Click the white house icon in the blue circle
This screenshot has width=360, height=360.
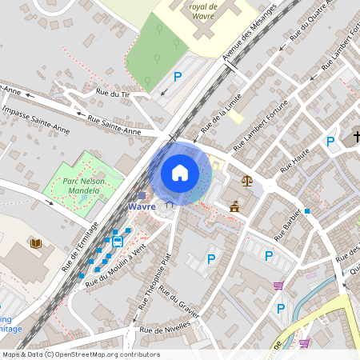180,173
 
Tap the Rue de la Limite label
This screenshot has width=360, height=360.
221,113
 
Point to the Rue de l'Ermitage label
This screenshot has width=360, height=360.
80,246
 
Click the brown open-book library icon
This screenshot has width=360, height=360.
35,243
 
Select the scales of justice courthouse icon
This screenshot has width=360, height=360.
246,181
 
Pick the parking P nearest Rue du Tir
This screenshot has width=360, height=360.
178,77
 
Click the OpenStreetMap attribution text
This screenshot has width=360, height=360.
80,354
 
